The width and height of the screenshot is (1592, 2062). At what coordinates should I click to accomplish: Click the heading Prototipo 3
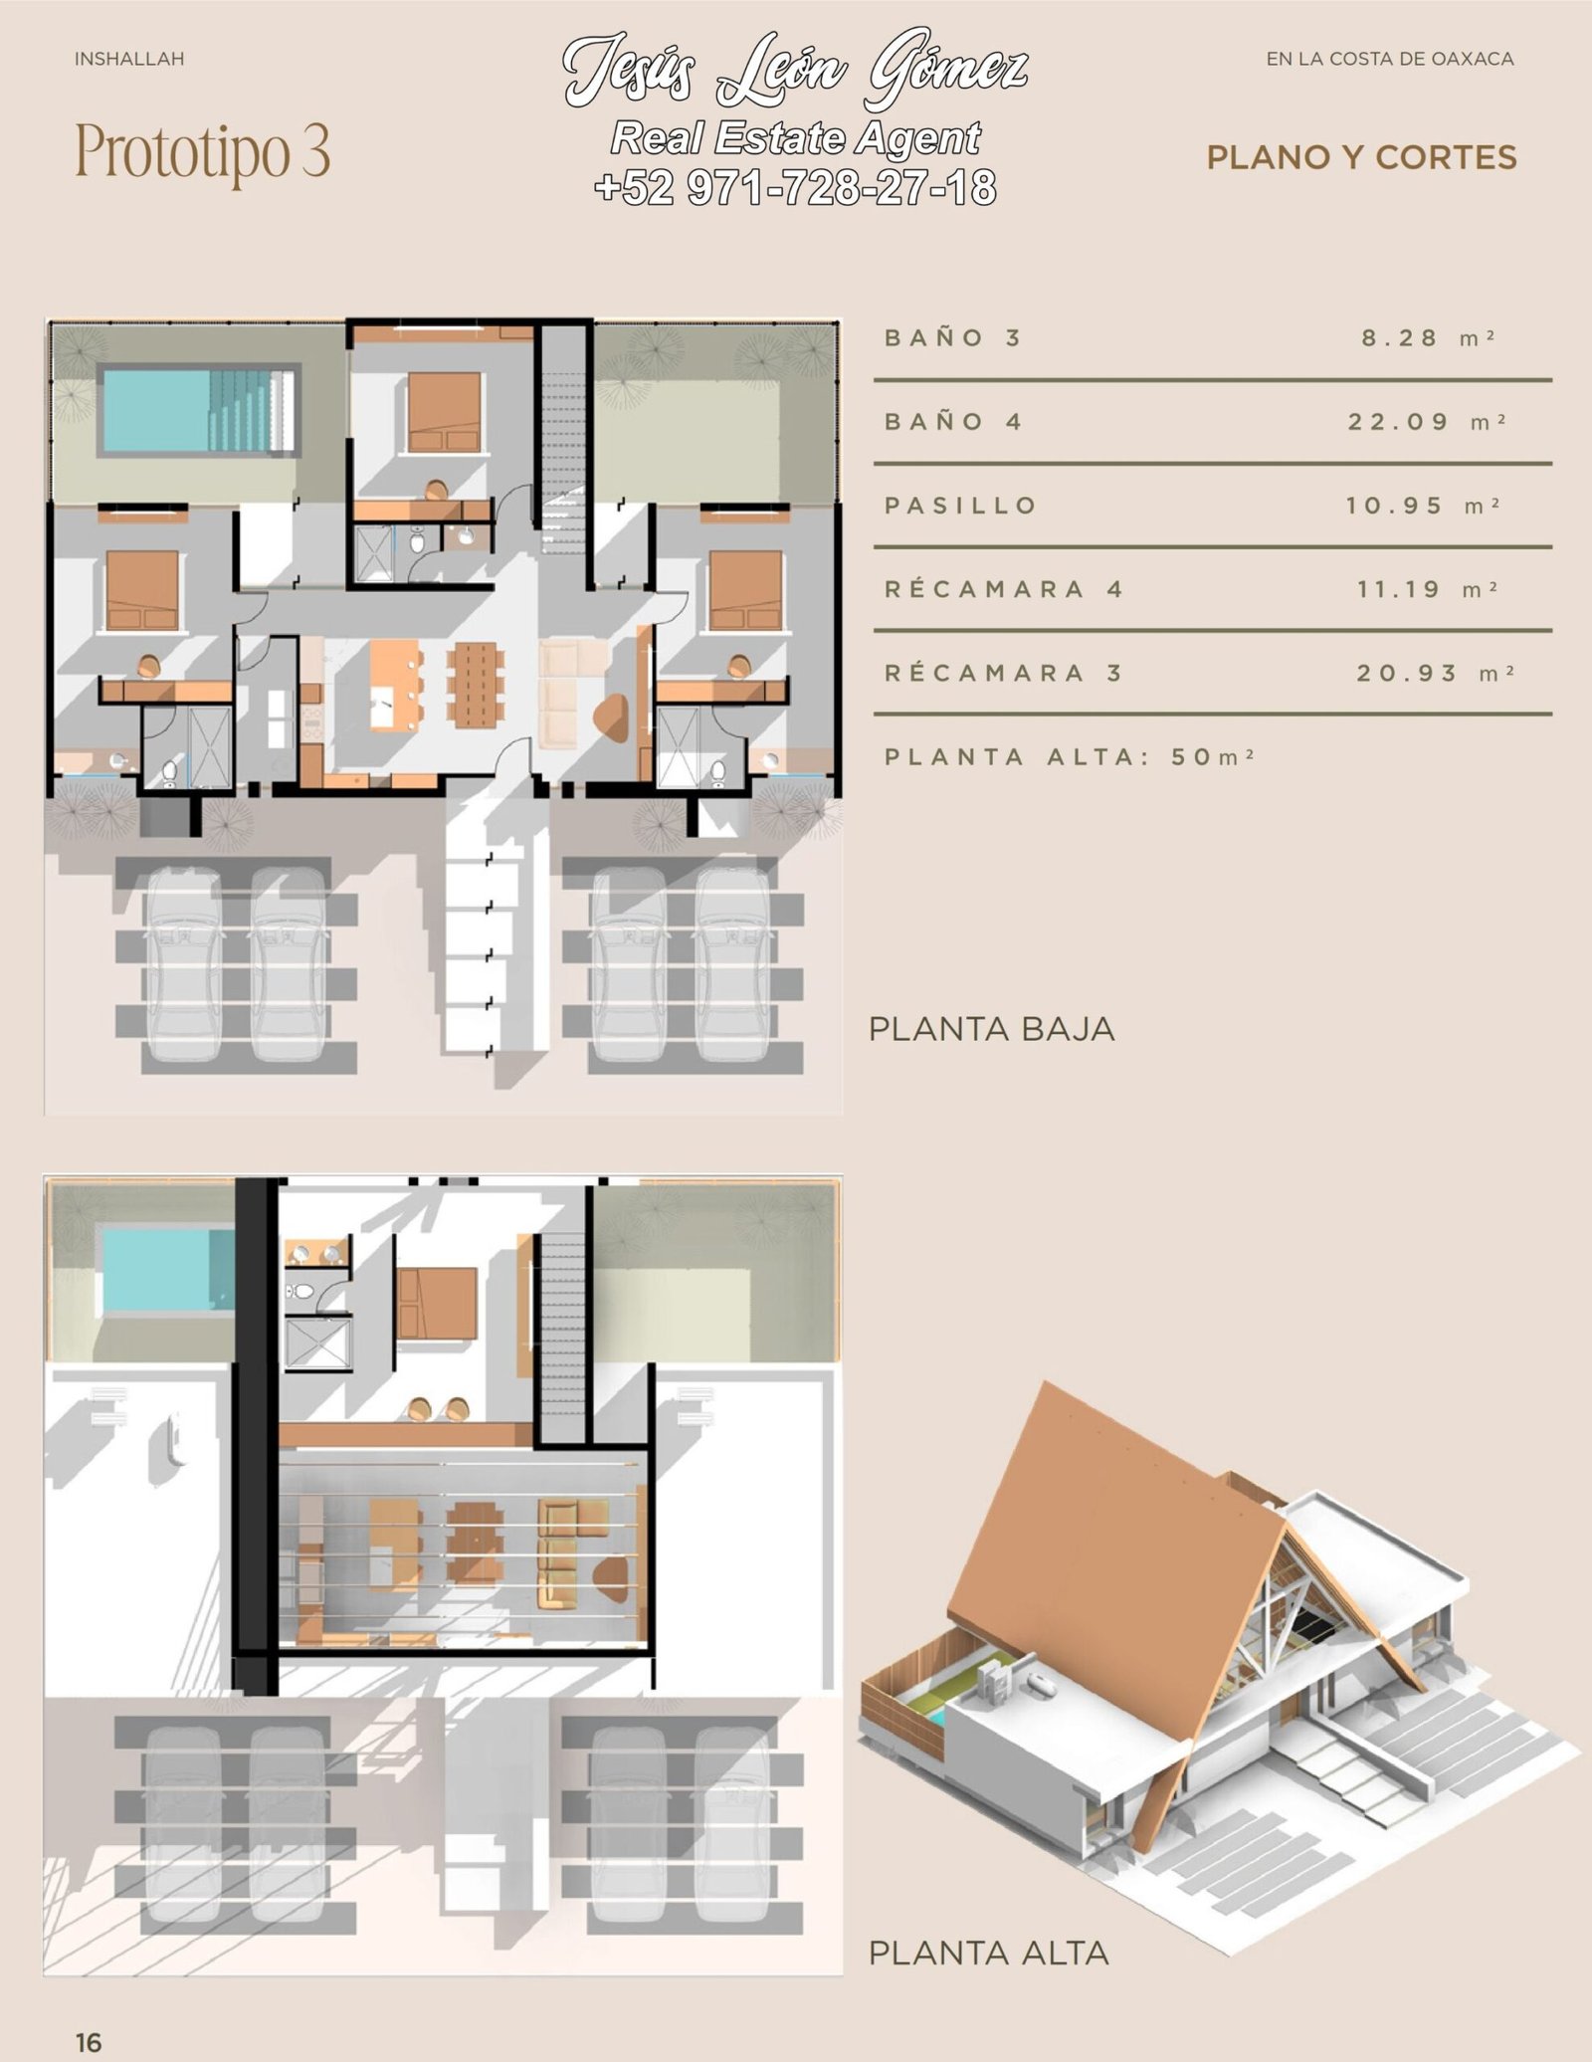point(203,152)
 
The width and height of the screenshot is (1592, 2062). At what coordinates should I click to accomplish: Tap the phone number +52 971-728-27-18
point(795,188)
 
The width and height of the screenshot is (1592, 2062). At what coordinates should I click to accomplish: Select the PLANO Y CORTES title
point(1361,157)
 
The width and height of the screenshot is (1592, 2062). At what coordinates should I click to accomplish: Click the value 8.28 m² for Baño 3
point(1428,338)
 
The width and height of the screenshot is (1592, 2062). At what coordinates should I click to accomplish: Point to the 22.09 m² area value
point(1427,422)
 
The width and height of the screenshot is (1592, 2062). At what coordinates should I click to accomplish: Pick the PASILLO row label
point(961,506)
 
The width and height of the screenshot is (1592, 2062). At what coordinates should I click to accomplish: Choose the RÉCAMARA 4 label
point(1004,589)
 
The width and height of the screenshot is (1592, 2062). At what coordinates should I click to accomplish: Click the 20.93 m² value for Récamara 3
point(1436,673)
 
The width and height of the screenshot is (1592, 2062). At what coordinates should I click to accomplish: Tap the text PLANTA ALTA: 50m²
point(1070,756)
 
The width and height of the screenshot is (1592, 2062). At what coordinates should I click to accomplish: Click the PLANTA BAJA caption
point(992,1029)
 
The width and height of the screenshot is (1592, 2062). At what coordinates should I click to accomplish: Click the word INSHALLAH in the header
point(129,60)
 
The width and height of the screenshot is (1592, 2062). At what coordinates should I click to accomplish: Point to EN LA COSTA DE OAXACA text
point(1390,60)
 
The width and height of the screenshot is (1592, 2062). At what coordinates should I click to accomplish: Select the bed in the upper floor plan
point(437,1303)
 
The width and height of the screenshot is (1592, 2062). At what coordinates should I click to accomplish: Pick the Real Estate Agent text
point(796,138)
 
